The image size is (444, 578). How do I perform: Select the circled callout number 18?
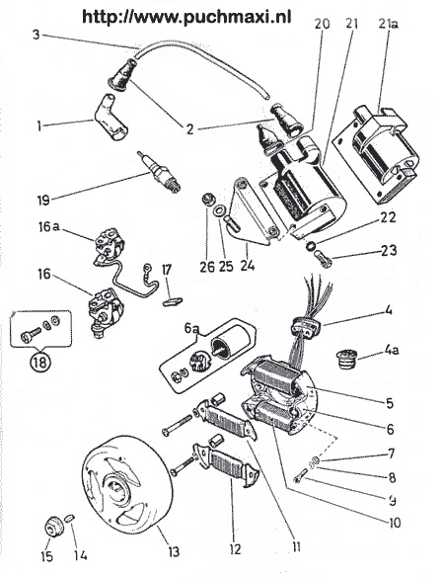(35, 362)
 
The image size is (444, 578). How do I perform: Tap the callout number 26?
(205, 267)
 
